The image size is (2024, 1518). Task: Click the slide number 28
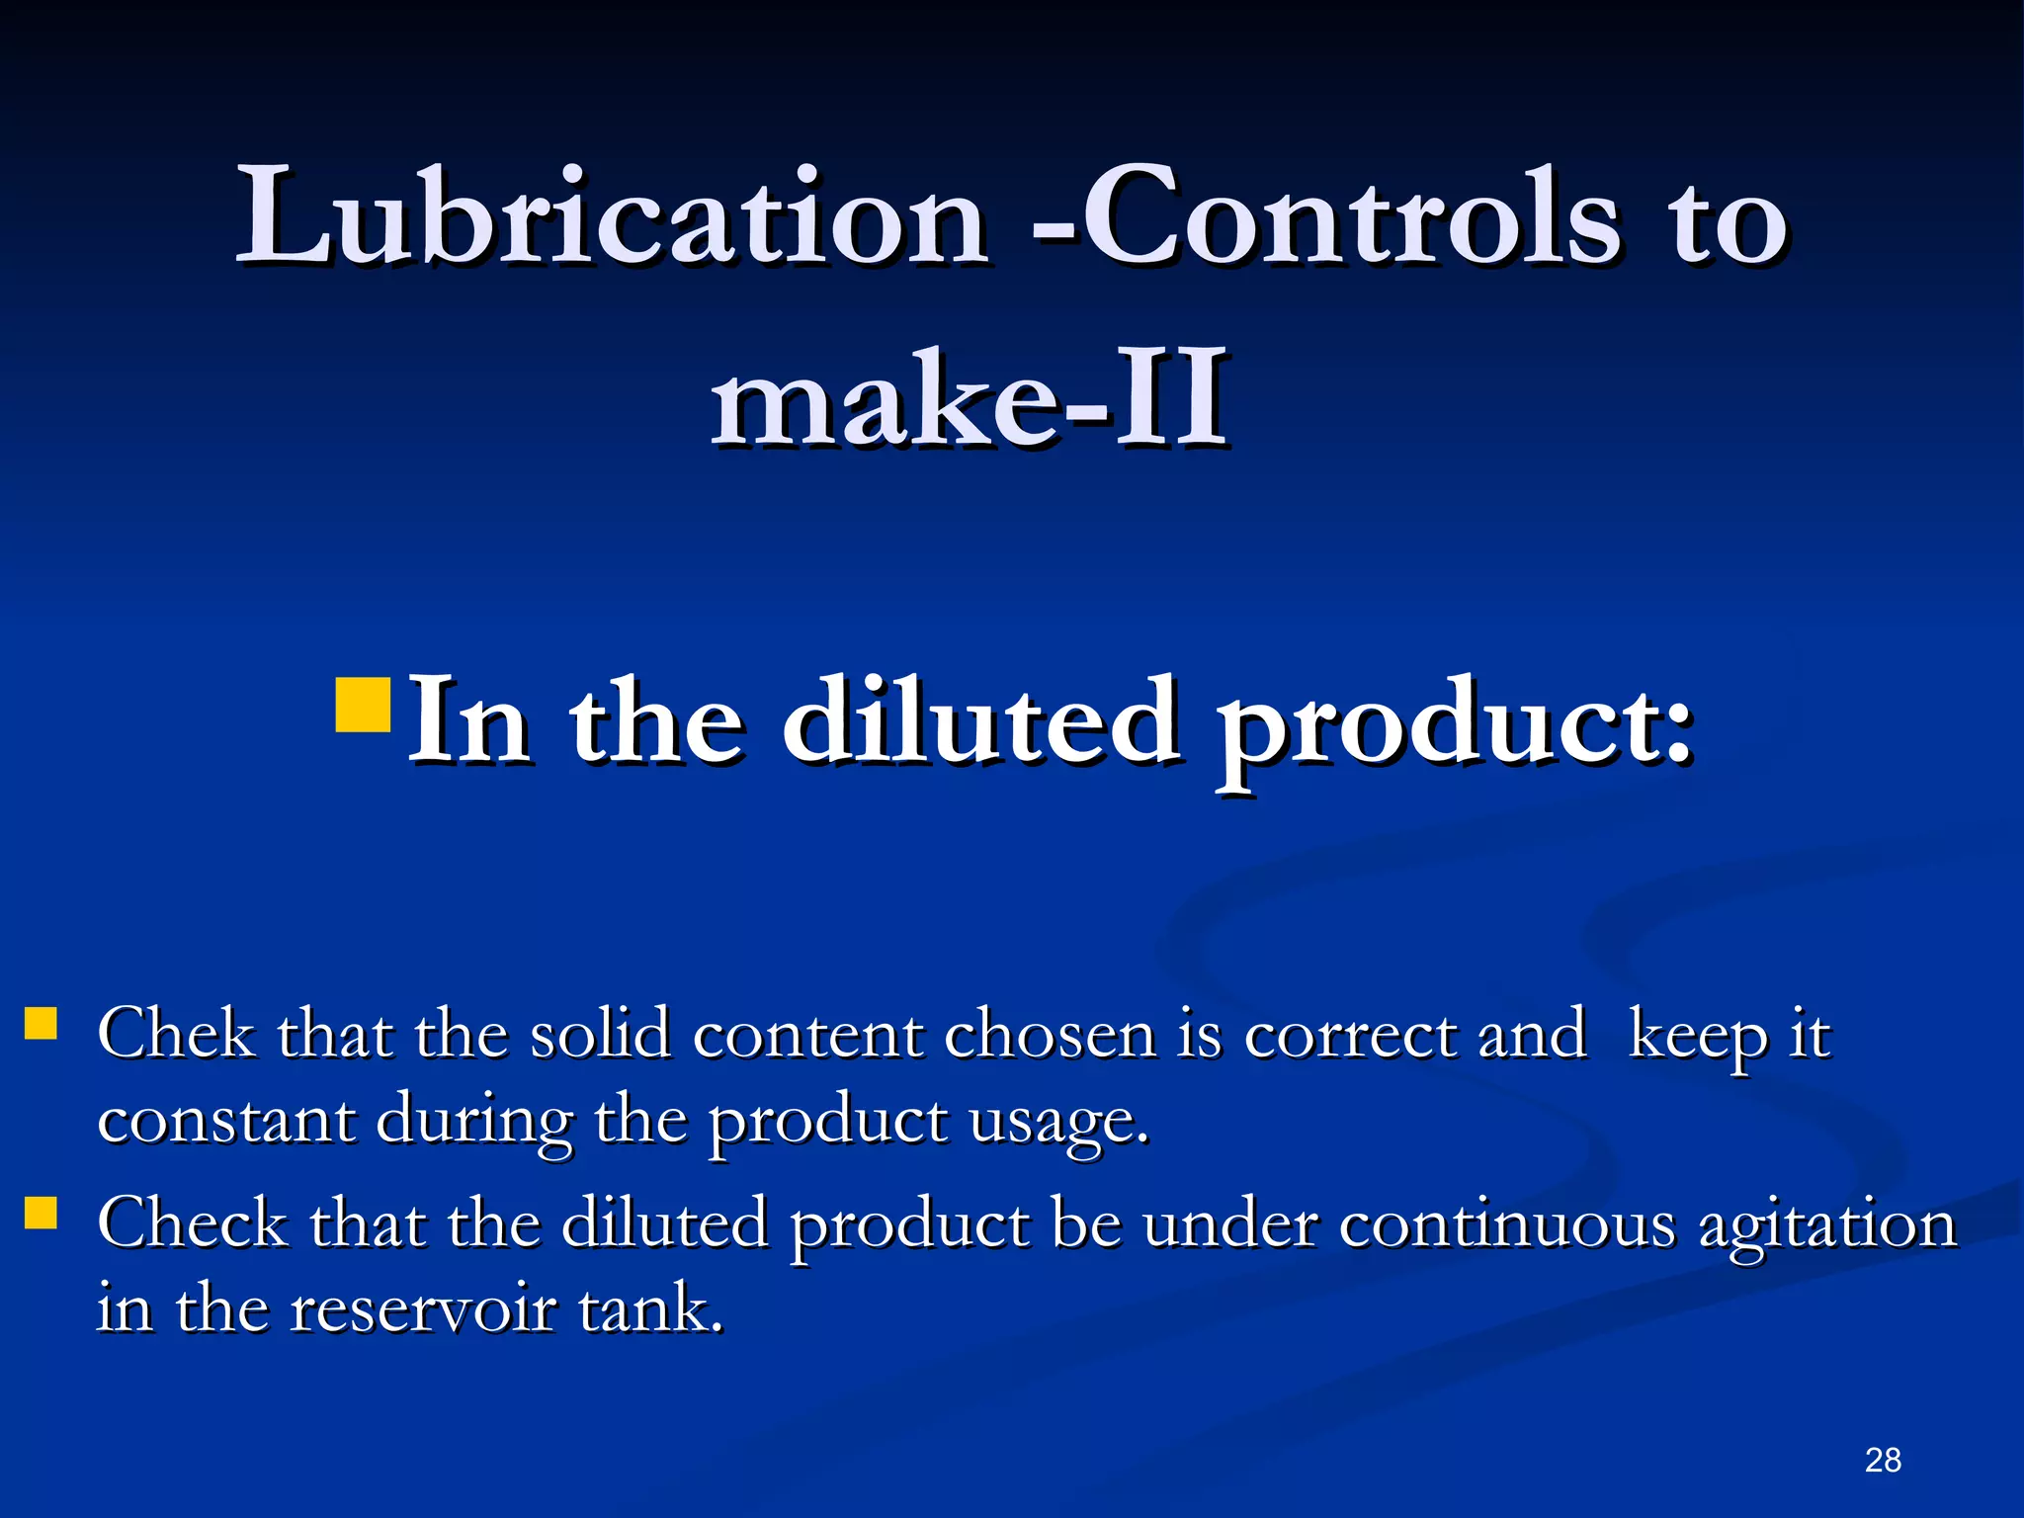tap(1883, 1460)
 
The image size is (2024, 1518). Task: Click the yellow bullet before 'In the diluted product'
tap(364, 704)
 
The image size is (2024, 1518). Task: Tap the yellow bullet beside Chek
tap(41, 1024)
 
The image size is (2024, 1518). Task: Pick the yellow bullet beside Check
tap(41, 1213)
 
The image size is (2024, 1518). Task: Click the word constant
tap(226, 1122)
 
